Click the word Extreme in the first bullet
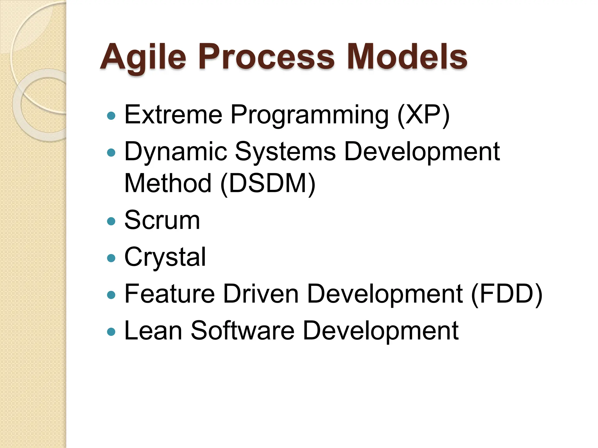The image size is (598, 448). click(173, 115)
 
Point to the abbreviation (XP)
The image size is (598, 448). click(423, 115)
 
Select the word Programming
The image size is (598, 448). click(310, 116)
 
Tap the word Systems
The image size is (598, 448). click(285, 152)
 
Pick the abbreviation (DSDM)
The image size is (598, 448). click(268, 183)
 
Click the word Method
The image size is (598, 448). click(168, 183)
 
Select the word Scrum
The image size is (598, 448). click(162, 220)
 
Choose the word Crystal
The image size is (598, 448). click(165, 257)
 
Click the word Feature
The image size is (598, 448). click(170, 294)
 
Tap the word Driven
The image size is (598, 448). click(260, 294)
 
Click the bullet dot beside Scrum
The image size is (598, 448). click(111, 221)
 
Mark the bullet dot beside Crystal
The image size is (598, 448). click(111, 258)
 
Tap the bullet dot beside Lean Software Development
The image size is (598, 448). click(111, 332)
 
